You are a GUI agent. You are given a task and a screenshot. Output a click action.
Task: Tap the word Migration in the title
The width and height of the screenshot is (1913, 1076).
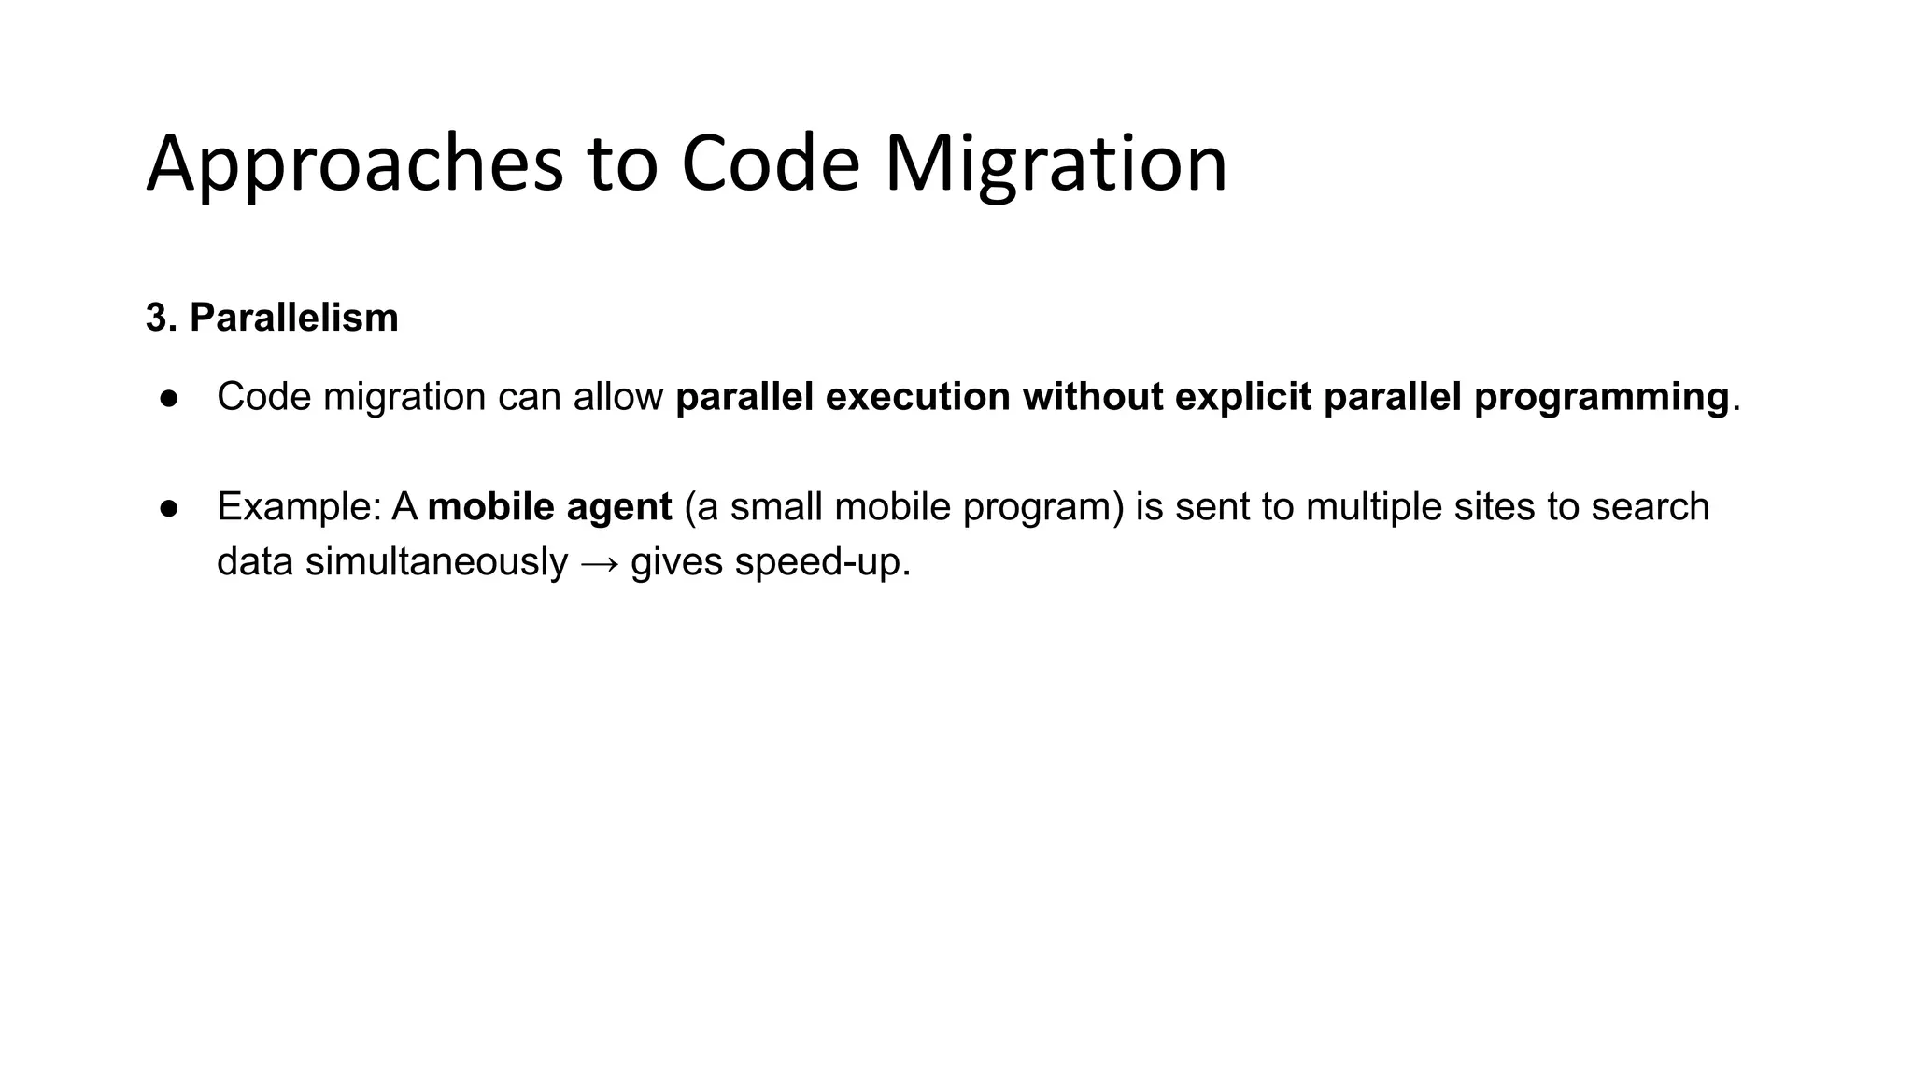coord(1056,165)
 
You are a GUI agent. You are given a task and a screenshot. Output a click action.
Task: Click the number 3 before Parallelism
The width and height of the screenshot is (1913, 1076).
coord(156,319)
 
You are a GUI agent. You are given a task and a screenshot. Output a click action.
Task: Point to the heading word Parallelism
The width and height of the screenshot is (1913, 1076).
coord(293,319)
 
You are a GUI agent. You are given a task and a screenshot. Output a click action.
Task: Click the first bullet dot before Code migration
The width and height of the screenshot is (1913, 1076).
coord(169,399)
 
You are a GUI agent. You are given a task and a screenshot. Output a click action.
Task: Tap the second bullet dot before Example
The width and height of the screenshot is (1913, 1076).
coord(169,508)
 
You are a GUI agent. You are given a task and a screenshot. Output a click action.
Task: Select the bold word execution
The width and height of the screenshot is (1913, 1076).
coord(917,397)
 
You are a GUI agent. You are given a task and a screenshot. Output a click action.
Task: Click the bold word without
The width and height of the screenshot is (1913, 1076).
coord(1092,397)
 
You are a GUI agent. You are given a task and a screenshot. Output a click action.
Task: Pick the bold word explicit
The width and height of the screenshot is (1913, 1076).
coord(1242,397)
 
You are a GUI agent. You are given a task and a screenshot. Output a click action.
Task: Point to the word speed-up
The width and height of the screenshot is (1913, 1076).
coord(822,563)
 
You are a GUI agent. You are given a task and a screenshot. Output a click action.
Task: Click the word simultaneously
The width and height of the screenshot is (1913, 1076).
coord(436,563)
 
